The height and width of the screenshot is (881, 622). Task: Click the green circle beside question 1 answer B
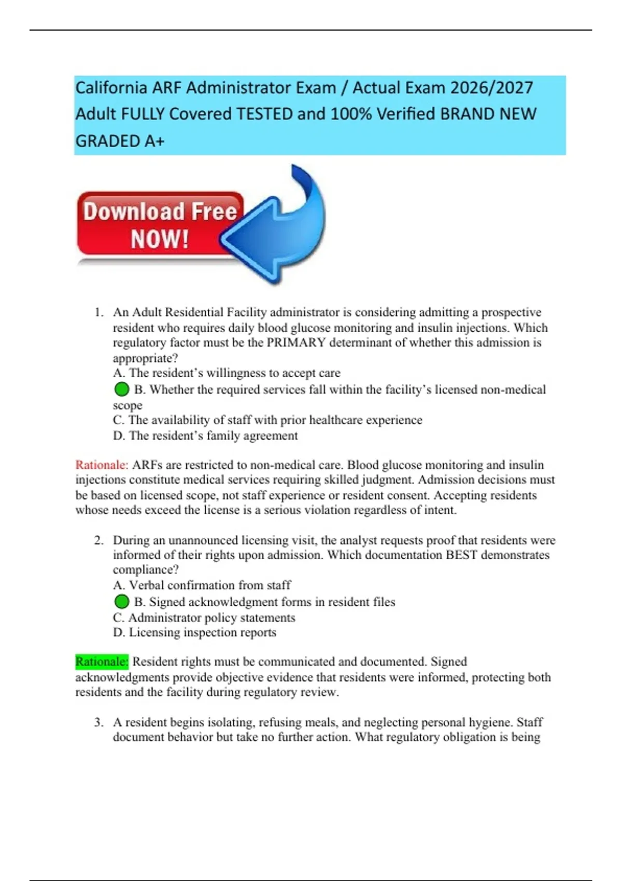click(x=121, y=389)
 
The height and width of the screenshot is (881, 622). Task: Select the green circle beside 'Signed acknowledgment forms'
click(x=121, y=602)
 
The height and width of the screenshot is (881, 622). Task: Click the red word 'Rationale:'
click(x=102, y=465)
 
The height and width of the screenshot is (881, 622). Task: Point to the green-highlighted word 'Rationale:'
click(x=102, y=662)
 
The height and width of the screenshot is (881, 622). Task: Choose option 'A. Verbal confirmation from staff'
click(x=202, y=585)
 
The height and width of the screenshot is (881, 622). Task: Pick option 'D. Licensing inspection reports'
click(x=194, y=632)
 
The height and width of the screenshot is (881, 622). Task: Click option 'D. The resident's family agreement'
click(x=205, y=435)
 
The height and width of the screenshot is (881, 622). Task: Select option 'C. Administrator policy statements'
click(x=204, y=617)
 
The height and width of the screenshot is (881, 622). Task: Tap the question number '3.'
click(x=99, y=722)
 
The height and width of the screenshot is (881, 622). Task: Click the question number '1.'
click(x=99, y=312)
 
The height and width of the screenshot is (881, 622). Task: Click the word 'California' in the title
click(x=111, y=88)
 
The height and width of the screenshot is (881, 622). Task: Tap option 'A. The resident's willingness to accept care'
click(x=227, y=373)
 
